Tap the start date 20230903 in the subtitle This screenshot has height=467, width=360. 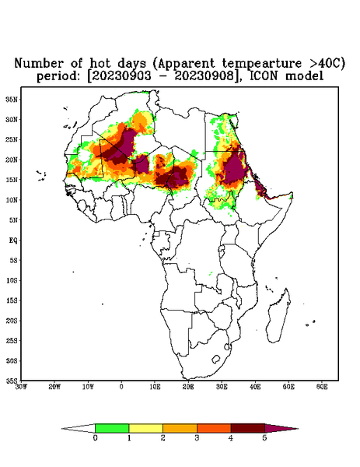121,76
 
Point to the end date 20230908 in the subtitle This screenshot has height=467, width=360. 204,76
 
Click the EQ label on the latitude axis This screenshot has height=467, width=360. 13,240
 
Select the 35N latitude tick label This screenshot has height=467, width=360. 12,100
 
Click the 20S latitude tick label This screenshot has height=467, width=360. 12,321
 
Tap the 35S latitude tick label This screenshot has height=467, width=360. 12,381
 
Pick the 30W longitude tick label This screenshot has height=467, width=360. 21,387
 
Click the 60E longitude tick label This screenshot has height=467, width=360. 322,387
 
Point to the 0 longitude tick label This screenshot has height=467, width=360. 121,387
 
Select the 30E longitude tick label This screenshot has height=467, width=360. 222,387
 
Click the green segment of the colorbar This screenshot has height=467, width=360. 112,428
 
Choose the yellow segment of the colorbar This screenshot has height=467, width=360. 145,428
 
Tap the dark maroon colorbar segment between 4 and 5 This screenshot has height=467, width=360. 248,428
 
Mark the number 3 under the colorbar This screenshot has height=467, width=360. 197,438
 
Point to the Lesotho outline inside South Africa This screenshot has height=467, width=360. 215,360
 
